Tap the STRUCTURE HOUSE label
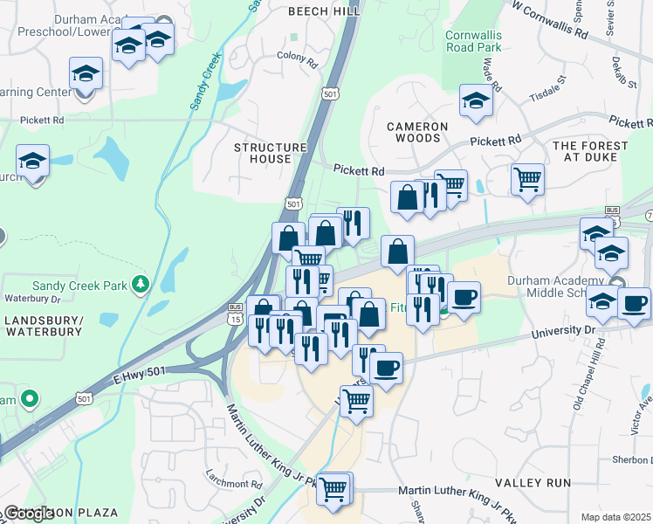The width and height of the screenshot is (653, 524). [271, 154]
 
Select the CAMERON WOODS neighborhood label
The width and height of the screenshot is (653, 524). [418, 133]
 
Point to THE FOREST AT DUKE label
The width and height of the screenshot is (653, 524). [590, 151]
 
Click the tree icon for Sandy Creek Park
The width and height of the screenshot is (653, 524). [139, 285]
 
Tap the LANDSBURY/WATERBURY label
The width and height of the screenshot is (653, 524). [43, 326]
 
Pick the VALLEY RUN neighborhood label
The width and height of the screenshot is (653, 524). [533, 482]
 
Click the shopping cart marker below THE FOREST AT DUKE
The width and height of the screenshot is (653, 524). [527, 180]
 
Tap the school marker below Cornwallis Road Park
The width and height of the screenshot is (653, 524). [476, 102]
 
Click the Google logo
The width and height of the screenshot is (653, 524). [29, 513]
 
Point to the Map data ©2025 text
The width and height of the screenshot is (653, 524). [615, 517]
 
